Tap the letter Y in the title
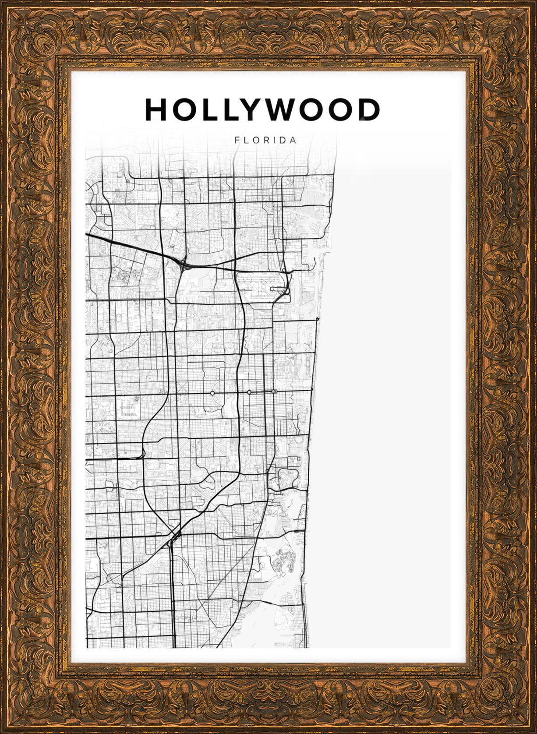click(x=253, y=109)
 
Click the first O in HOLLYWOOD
click(x=184, y=109)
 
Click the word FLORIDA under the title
click(x=265, y=141)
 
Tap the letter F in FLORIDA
click(x=237, y=141)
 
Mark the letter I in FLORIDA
click(x=275, y=141)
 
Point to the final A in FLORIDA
click(x=293, y=141)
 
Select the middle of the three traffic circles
click(x=249, y=392)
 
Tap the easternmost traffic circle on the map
click(x=274, y=392)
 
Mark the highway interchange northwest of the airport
click(x=183, y=264)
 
